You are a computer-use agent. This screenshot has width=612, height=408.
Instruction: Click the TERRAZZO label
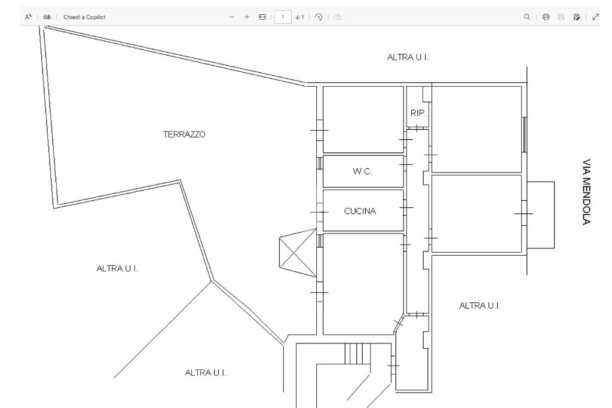[x=184, y=134]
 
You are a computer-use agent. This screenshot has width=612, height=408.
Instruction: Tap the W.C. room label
[x=362, y=171]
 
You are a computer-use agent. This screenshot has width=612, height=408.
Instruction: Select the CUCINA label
[x=360, y=211]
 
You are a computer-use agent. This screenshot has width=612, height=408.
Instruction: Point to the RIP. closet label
[x=418, y=113]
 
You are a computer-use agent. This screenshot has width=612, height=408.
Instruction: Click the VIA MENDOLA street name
[x=586, y=192]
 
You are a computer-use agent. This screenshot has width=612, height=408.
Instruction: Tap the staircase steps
[x=357, y=354]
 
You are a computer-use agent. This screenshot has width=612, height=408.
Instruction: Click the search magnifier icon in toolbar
[x=527, y=17]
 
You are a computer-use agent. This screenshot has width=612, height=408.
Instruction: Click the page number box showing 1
[x=283, y=17]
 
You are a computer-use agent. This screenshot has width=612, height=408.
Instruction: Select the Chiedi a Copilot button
[x=84, y=17]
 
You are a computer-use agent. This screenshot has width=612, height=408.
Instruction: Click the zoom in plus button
[x=247, y=17]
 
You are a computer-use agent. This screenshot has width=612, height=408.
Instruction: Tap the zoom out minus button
[x=232, y=17]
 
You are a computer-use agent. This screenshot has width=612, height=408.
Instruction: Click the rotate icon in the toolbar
[x=319, y=17]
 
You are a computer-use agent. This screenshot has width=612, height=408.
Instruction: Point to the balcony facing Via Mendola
[x=540, y=215]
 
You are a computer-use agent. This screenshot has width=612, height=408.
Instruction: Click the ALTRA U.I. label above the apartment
[x=408, y=57]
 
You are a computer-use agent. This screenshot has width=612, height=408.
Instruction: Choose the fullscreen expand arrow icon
[x=595, y=17]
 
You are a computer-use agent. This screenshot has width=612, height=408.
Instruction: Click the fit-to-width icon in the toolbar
[x=262, y=17]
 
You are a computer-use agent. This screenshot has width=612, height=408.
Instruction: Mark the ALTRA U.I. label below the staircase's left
[x=206, y=373]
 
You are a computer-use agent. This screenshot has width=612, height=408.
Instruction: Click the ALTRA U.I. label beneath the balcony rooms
[x=480, y=305]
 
